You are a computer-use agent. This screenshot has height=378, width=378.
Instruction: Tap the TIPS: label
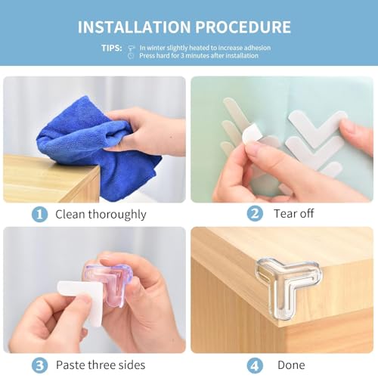[112, 47]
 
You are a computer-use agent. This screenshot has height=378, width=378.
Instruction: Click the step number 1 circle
[39, 214]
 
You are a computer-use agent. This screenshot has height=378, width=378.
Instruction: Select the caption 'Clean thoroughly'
[100, 214]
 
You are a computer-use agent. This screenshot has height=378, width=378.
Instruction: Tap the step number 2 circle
[256, 214]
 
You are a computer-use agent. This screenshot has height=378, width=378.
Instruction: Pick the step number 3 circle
[39, 364]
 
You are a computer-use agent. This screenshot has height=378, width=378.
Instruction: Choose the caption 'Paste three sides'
[104, 364]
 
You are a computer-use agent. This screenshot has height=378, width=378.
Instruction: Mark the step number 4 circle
[256, 364]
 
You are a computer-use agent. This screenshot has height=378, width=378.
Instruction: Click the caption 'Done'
[290, 364]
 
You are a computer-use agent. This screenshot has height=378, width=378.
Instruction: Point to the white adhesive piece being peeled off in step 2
[250, 135]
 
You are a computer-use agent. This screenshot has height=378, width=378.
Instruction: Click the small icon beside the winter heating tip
[132, 47]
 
